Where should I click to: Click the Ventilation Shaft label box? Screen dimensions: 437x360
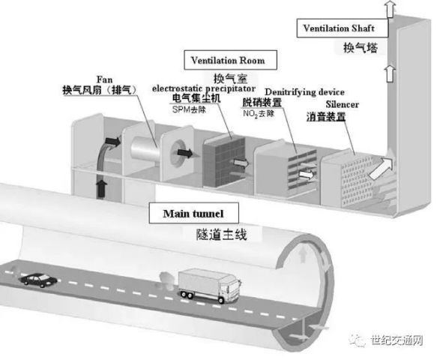tap(343, 28)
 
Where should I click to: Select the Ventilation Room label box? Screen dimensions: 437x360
tap(230, 60)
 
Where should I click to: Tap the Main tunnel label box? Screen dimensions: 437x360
tap(193, 213)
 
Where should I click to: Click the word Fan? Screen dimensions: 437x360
tap(104, 79)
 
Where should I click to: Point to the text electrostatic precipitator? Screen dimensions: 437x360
tap(204, 88)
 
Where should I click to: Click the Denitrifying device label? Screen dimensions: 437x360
tap(304, 92)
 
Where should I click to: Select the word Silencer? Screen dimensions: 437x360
tap(343, 104)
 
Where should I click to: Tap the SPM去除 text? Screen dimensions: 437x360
tap(189, 109)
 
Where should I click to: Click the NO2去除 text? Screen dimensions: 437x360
tap(259, 114)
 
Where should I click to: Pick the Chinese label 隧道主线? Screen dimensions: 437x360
tap(221, 234)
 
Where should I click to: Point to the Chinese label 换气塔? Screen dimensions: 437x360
tap(361, 48)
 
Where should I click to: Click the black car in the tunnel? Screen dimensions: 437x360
tap(38, 280)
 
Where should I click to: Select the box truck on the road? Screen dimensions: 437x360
tap(209, 286)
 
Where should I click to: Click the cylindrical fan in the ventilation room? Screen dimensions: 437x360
tap(145, 148)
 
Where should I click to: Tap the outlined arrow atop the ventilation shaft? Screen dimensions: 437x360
tap(391, 8)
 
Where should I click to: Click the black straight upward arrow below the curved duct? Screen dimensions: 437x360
tap(102, 189)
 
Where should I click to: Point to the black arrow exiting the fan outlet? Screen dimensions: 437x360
tap(185, 153)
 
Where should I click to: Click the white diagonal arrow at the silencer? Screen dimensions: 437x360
tap(380, 168)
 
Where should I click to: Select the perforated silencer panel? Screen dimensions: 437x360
tap(357, 181)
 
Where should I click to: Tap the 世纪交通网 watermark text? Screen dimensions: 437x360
tap(397, 340)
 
